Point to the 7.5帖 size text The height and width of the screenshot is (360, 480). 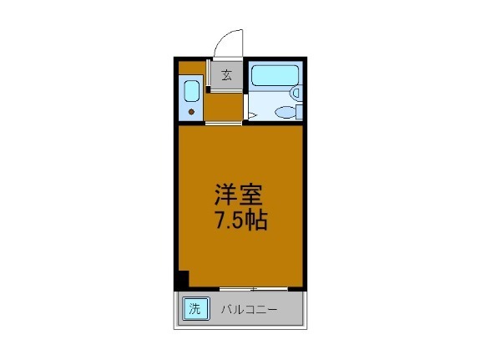[240, 222]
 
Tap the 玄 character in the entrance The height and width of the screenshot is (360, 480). [226, 75]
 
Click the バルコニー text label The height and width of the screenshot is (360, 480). [250, 309]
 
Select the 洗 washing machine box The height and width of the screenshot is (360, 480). [195, 308]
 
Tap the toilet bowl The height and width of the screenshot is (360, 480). [285, 113]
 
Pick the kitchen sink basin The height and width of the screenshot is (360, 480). [190, 90]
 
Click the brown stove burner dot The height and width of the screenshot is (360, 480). [191, 111]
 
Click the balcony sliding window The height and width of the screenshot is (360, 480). [254, 289]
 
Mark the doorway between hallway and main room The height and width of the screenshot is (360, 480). [224, 123]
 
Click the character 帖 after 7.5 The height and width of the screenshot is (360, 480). [257, 223]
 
